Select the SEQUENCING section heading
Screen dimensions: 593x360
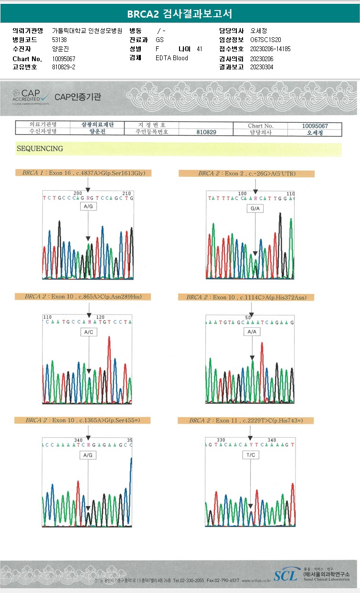[x=40, y=149]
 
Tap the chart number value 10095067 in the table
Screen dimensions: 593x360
[x=315, y=126]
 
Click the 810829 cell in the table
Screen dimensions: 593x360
[x=206, y=132]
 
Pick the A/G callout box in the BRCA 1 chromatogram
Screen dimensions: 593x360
[x=88, y=206]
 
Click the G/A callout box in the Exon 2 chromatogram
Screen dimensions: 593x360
[x=254, y=209]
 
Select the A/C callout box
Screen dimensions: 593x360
[x=88, y=331]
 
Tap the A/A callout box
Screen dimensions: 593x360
[x=252, y=332]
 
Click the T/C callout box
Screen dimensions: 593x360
[x=251, y=455]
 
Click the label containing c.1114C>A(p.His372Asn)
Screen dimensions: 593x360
[x=246, y=297]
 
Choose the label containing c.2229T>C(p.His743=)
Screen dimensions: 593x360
[x=246, y=420]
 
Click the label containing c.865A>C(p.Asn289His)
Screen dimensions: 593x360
[x=83, y=296]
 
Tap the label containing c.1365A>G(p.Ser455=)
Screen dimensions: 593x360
[x=82, y=420]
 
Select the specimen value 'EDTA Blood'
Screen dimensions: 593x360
[x=172, y=58]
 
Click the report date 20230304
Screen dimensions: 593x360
[x=261, y=67]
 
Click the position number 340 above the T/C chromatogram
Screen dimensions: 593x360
[x=272, y=440]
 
